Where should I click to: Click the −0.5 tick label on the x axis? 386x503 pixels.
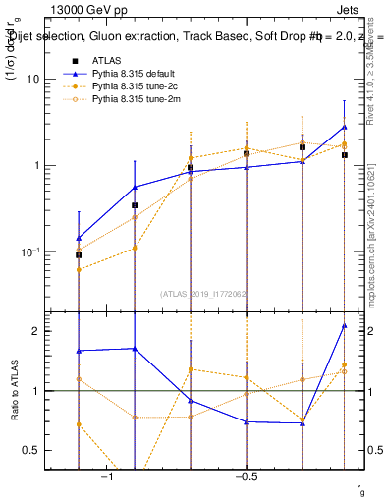pyautogui.click(x=246, y=477)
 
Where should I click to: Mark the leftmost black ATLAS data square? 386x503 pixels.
pyautogui.click(x=79, y=254)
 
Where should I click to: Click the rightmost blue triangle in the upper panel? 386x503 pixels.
pyautogui.click(x=345, y=127)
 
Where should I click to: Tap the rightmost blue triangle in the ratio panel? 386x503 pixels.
pyautogui.click(x=345, y=326)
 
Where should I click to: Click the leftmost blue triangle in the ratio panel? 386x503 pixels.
pyautogui.click(x=79, y=351)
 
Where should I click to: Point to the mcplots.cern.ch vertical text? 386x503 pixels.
pyautogui.click(x=372, y=246)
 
